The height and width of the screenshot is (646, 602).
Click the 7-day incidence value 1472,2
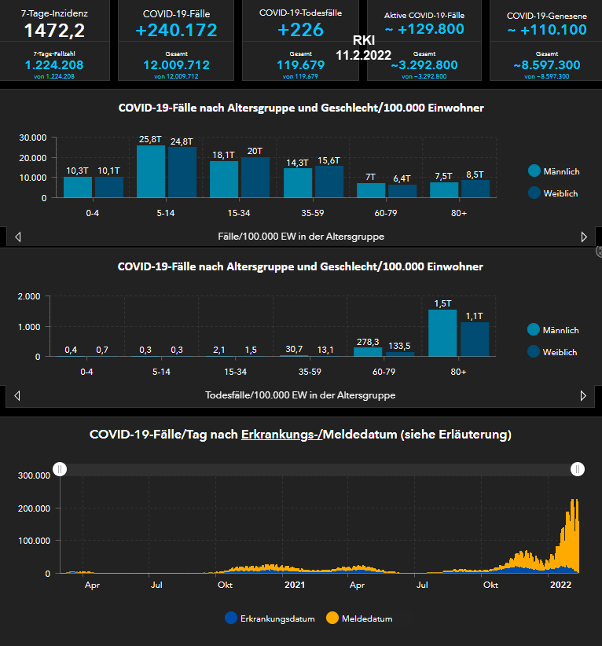pyautogui.click(x=54, y=31)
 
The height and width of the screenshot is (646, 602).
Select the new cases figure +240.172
pyautogui.click(x=177, y=31)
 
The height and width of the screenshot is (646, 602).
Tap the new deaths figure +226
pyautogui.click(x=301, y=30)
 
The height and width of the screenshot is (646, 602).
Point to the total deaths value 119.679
pyautogui.click(x=301, y=65)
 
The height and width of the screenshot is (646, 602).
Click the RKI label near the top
pyautogui.click(x=364, y=41)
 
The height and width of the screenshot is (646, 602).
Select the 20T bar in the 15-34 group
pyautogui.click(x=255, y=177)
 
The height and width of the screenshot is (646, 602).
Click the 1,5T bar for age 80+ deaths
pyautogui.click(x=442, y=332)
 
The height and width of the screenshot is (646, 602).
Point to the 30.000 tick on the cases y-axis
pyautogui.click(x=34, y=138)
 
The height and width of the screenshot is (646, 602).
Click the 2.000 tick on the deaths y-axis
pyautogui.click(x=28, y=296)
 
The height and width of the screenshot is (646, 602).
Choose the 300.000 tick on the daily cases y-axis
pyautogui.click(x=34, y=475)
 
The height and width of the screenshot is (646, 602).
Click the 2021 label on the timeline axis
pyautogui.click(x=295, y=585)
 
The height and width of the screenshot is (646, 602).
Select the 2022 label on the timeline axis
pyautogui.click(x=560, y=585)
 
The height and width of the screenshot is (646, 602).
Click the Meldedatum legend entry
pyautogui.click(x=361, y=618)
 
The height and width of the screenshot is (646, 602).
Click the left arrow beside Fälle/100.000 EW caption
pyautogui.click(x=18, y=237)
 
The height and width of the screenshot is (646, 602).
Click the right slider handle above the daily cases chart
pyautogui.click(x=578, y=469)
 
